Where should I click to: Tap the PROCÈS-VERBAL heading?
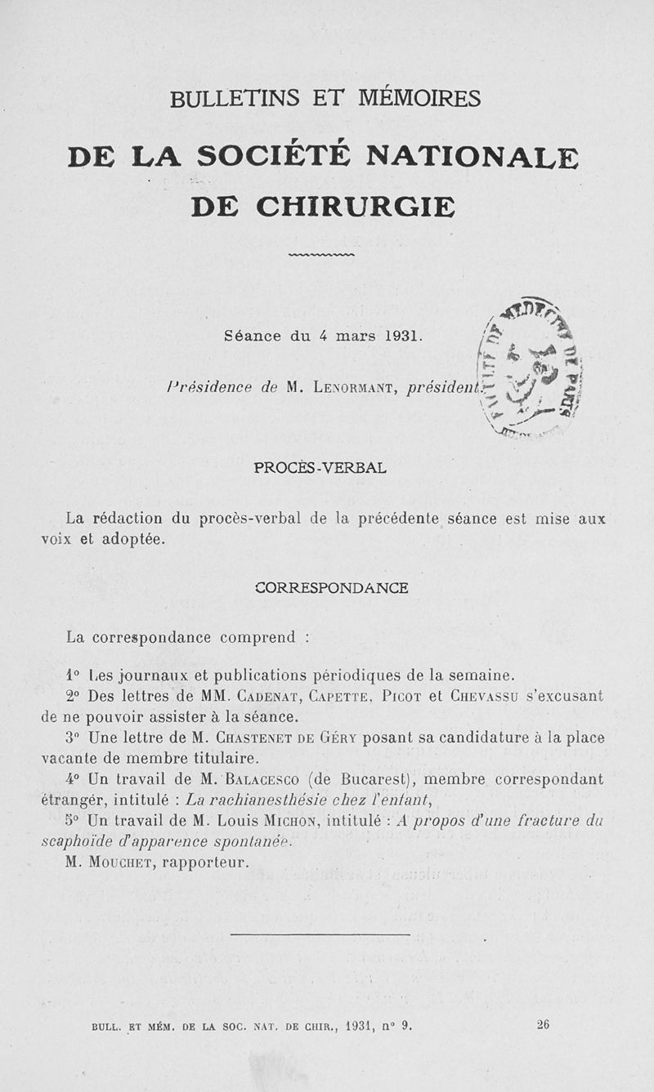320,469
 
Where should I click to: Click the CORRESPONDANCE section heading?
332,588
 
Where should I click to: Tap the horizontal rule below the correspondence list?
320,934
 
